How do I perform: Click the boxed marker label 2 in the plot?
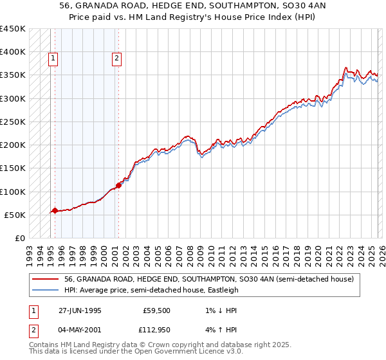click(x=116, y=59)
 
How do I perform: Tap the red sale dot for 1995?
click(x=55, y=210)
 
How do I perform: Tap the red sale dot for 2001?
click(x=118, y=185)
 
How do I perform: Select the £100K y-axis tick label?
click(x=13, y=192)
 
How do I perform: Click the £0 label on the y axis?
click(x=20, y=239)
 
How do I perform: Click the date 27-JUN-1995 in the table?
click(x=78, y=310)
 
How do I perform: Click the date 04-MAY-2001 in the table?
click(x=78, y=331)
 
